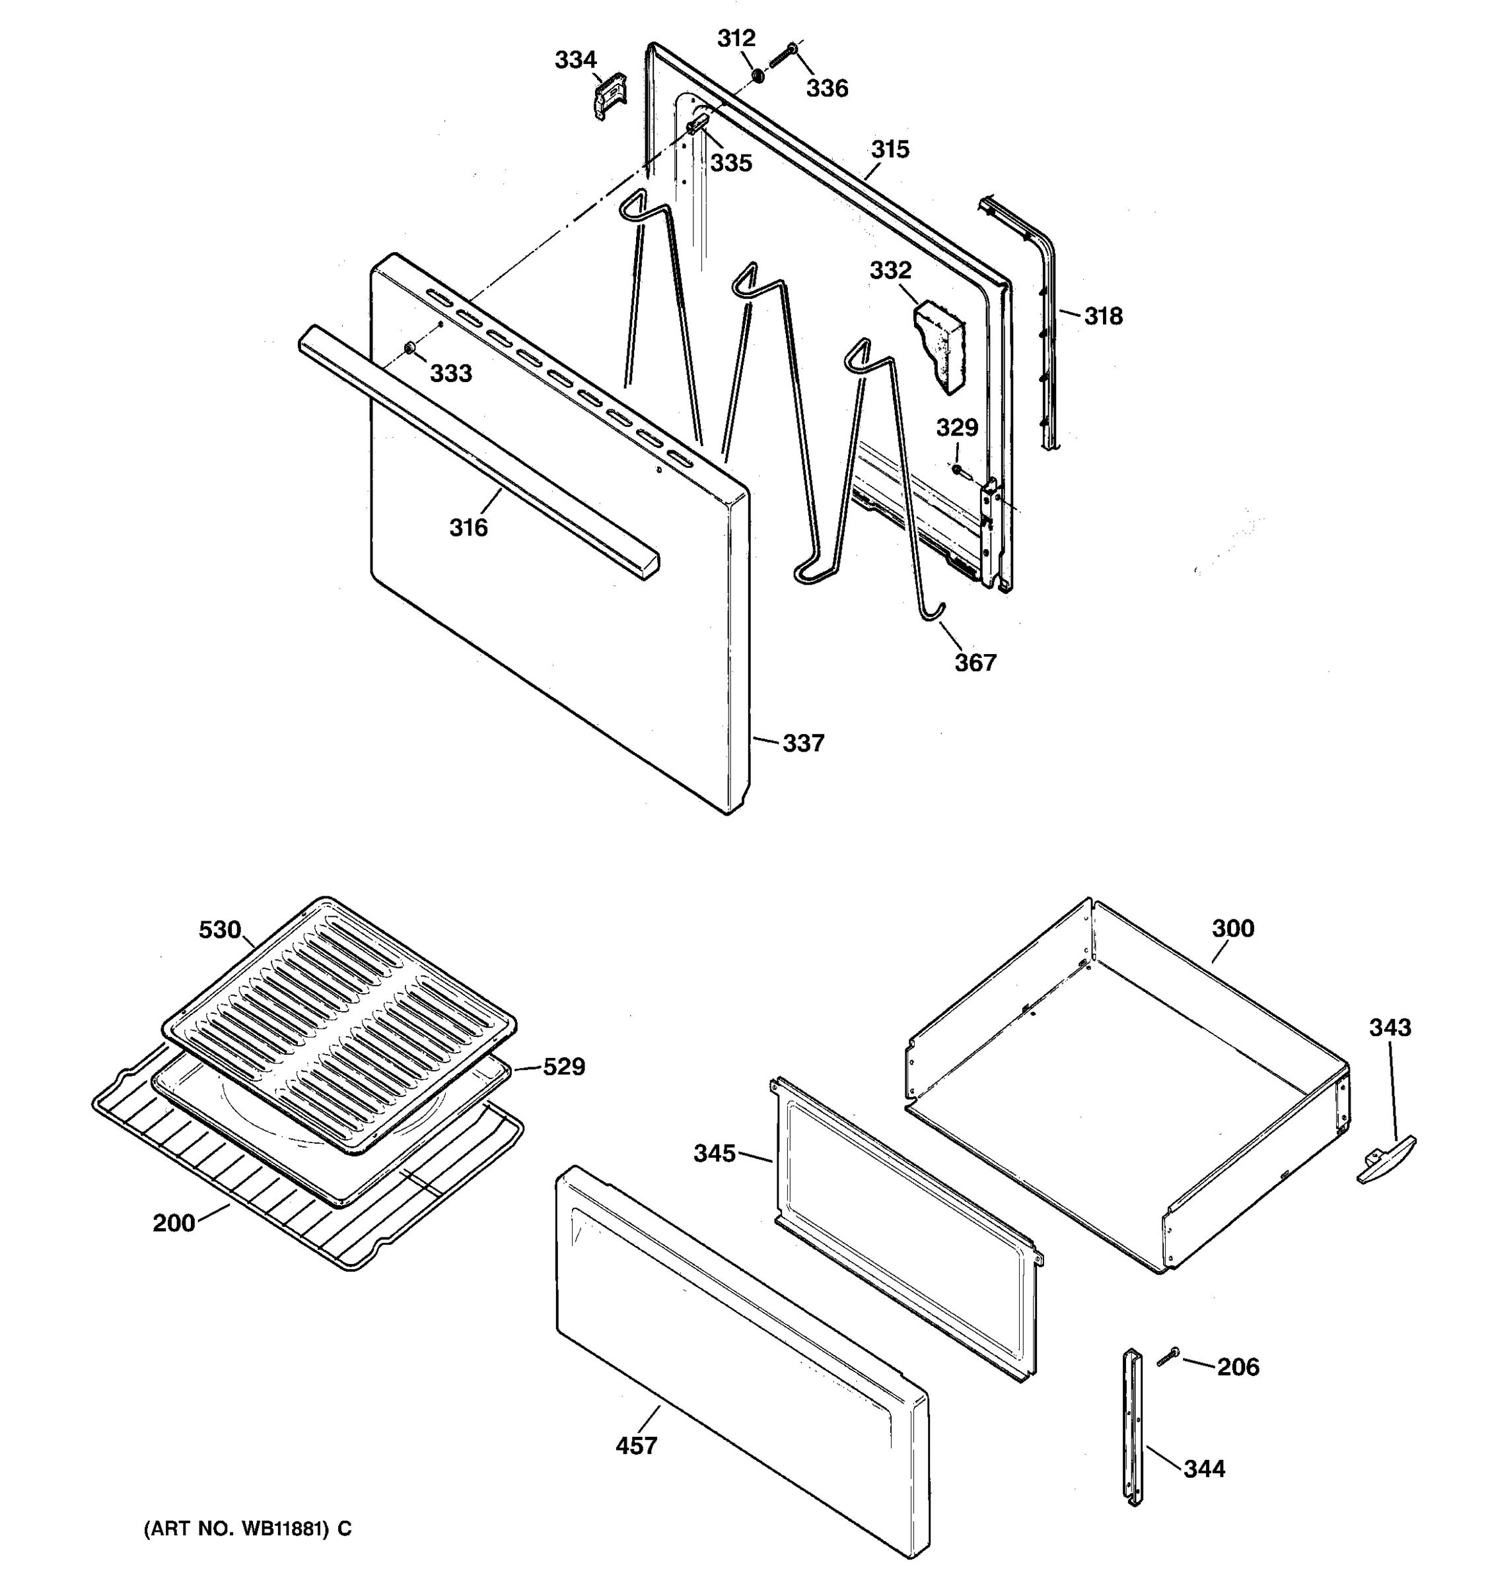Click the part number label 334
point(576,60)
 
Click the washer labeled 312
point(758,76)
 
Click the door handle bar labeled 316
point(478,452)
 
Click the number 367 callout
point(975,662)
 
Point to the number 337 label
point(803,743)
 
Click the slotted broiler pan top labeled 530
point(339,1022)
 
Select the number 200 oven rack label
point(174,1222)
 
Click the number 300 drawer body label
point(1233,928)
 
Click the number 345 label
point(715,1153)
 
